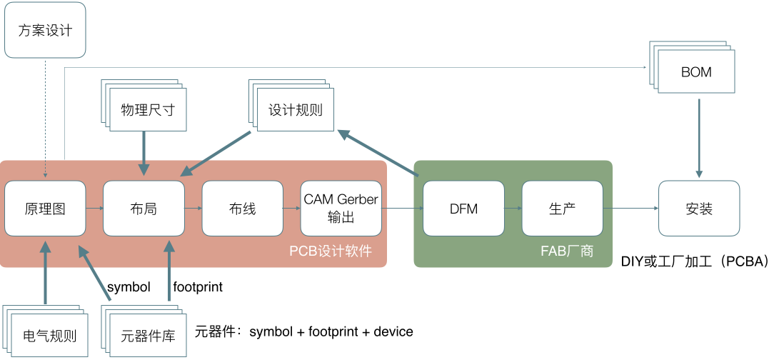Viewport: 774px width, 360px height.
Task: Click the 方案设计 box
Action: click(x=45, y=29)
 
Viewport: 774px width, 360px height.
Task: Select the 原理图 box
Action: click(x=45, y=209)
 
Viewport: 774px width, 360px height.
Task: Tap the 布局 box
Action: click(x=144, y=209)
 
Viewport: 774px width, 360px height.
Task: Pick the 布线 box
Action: click(x=242, y=209)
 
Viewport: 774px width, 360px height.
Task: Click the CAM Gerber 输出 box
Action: click(x=341, y=209)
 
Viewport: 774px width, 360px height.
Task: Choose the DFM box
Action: click(x=464, y=209)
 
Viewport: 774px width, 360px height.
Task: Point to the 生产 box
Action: click(x=563, y=209)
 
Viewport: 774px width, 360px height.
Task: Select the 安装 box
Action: click(x=700, y=209)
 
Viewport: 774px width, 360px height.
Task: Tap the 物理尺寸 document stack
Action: click(x=144, y=106)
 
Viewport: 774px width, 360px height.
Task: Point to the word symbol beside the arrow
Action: click(x=129, y=287)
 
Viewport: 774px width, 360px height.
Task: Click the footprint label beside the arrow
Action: click(x=198, y=287)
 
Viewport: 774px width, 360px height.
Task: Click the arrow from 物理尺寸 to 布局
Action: click(x=144, y=153)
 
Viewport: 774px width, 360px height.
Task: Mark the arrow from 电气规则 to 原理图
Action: click(x=45, y=272)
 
